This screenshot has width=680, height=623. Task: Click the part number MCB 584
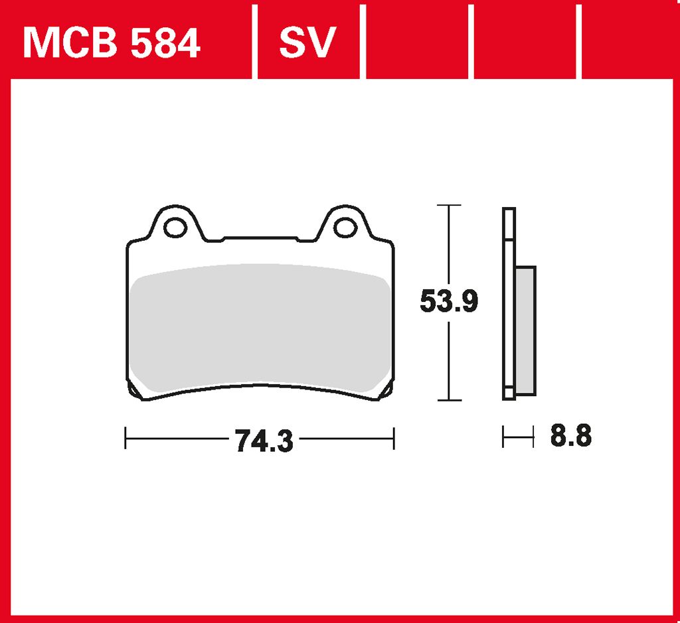point(112,42)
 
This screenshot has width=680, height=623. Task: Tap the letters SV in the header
point(307,42)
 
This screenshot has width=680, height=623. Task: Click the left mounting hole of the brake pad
point(175,228)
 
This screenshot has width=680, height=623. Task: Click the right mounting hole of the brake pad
point(345,228)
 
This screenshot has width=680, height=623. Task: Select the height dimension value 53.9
point(449,301)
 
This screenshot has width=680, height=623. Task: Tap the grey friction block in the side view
point(526,330)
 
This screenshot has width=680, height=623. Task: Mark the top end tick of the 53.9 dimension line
point(449,205)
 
